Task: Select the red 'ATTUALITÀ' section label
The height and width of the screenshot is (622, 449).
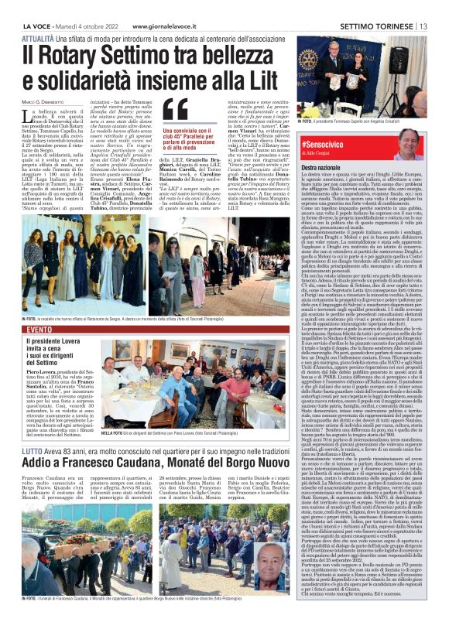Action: pyautogui.click(x=37, y=37)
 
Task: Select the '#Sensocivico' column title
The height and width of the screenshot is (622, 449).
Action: pyautogui.click(x=323, y=145)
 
